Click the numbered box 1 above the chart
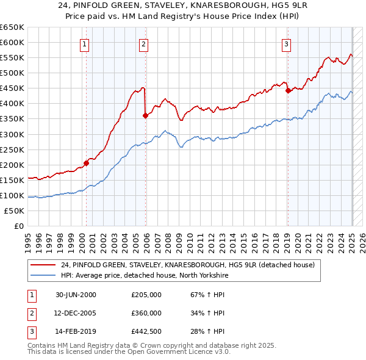click(84, 43)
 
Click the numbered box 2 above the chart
click(143, 43)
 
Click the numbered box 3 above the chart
click(286, 43)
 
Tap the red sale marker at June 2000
click(87, 163)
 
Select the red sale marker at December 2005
click(145, 115)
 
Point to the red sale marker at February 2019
click(287, 90)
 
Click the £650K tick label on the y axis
click(12, 27)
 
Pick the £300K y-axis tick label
click(12, 134)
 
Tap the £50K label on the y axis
click(15, 211)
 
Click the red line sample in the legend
click(44, 265)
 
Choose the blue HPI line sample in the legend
click(44, 276)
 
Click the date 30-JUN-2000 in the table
click(76, 295)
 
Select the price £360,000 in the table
click(146, 313)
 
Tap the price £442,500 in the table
click(146, 331)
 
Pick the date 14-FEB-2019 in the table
click(76, 331)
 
